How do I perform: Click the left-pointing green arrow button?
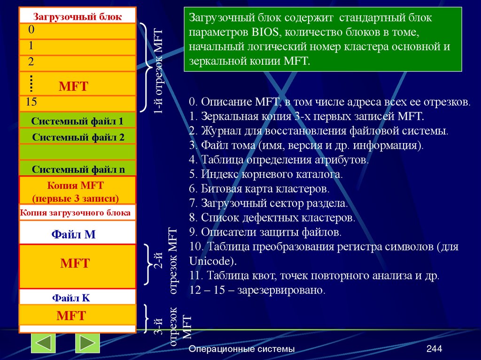43,343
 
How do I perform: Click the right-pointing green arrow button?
87,343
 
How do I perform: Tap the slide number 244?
434,349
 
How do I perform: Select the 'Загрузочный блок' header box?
78,17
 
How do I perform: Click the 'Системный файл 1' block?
78,121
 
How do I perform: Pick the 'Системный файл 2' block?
78,137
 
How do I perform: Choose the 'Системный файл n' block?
78,169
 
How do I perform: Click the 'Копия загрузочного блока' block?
76,213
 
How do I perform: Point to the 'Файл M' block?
73,234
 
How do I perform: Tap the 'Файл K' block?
71,298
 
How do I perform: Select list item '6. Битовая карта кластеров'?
259,189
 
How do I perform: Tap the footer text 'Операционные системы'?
241,349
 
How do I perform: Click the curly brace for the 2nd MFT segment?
147,264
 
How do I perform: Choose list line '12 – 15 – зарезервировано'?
257,290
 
